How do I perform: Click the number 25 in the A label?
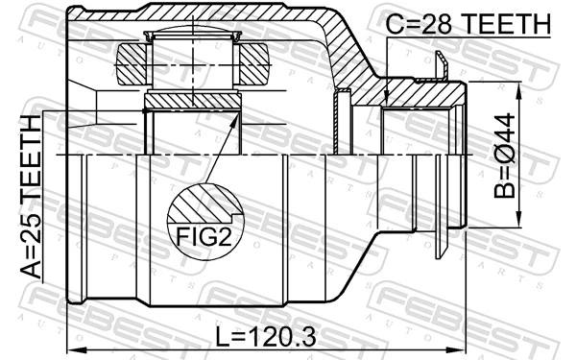click(32, 228)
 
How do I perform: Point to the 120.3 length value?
click(284, 336)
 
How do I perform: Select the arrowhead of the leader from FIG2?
click(239, 115)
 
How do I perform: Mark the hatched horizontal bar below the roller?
click(191, 100)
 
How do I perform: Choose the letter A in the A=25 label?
click(32, 268)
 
